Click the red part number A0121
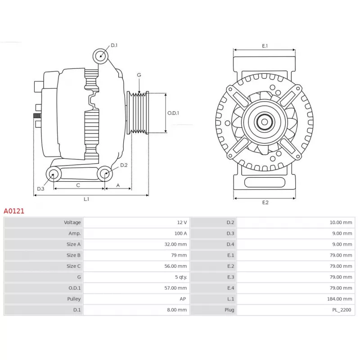[14, 211]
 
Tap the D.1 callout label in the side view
[114, 45]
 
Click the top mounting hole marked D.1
[100, 56]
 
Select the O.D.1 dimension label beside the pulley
[173, 113]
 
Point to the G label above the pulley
[139, 75]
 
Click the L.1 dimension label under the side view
[86, 199]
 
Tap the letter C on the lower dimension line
[78, 185]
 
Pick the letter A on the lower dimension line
[118, 185]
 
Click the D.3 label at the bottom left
[40, 189]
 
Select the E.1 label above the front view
[265, 46]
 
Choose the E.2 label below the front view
[265, 202]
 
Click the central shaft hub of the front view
[265, 122]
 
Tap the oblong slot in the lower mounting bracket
[265, 183]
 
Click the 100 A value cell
[181, 234]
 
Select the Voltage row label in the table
[72, 222]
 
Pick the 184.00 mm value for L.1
[340, 299]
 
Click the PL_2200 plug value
[342, 310]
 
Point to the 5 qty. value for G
[181, 277]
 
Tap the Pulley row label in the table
[74, 299]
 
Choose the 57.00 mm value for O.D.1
[175, 288]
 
